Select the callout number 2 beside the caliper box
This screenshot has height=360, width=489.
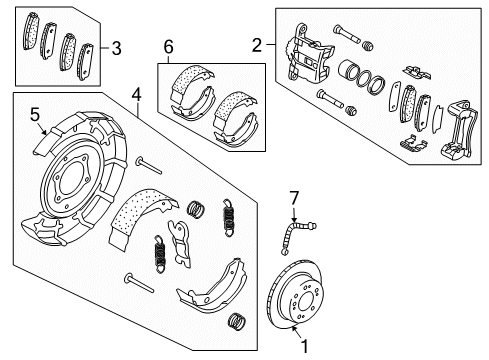tap(257, 44)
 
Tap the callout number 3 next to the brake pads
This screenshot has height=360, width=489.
tap(118, 47)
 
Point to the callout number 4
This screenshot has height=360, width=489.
tap(138, 97)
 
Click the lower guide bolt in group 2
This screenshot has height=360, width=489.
tap(331, 98)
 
